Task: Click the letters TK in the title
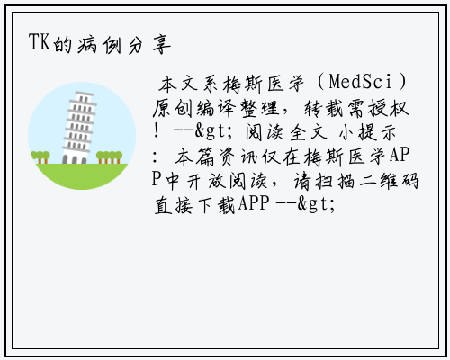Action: coord(40,42)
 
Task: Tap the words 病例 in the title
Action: coord(100,44)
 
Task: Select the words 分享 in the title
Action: coord(149,45)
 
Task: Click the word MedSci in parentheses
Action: coord(361,81)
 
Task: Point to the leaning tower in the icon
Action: coord(78,128)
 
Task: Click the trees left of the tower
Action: coord(40,157)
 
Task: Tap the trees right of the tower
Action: coord(109,157)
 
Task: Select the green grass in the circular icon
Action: coord(82,175)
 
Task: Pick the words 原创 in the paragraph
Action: coord(173,108)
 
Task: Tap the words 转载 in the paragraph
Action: coord(324,108)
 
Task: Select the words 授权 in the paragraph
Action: coord(389,108)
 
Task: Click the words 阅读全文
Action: coord(286,132)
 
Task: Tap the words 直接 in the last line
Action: coord(173,205)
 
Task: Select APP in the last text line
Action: coord(254,204)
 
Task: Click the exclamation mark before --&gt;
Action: coord(156,131)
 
